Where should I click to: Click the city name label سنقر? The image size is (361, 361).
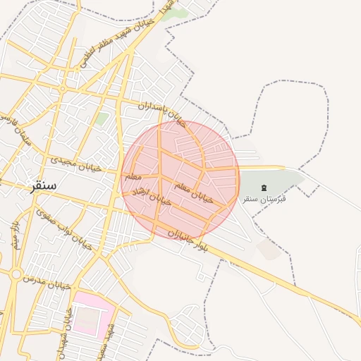pos(43,187)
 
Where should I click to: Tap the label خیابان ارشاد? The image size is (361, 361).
pos(157,197)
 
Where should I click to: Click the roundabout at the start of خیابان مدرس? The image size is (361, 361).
pos(16,274)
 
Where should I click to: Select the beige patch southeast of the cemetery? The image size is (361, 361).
pos(267,248)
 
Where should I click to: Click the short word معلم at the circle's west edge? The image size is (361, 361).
pos(133,177)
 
